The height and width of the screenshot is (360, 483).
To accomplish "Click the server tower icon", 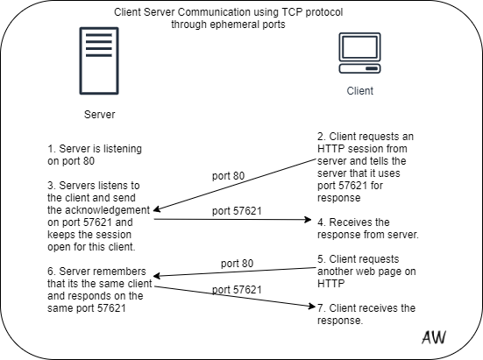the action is click(x=99, y=60).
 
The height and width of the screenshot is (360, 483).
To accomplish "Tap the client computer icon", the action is click(x=359, y=53).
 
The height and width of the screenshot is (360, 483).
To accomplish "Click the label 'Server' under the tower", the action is click(x=100, y=115).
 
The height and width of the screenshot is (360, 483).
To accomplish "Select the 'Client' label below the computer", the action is click(x=359, y=91).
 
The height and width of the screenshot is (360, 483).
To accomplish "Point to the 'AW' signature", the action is click(x=434, y=337).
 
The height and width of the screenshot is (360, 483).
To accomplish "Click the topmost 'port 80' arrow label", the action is click(x=228, y=176).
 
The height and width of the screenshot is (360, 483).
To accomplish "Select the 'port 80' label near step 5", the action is click(x=237, y=264).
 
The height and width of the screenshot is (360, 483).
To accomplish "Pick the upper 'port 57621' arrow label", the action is click(x=237, y=211).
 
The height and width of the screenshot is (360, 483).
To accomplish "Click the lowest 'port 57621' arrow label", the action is click(x=237, y=290).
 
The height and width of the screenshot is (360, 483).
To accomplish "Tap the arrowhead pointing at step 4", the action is click(x=308, y=219).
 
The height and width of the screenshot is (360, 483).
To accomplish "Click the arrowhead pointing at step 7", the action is click(x=312, y=307).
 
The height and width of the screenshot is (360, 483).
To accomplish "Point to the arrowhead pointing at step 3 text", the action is click(x=157, y=209).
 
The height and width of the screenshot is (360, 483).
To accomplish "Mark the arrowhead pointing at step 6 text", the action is click(x=157, y=276).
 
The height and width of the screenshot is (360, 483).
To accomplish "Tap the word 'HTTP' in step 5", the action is click(x=330, y=284).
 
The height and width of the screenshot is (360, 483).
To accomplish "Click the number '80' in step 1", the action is click(x=89, y=161).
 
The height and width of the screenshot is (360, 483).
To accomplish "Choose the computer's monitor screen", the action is click(x=359, y=47).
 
